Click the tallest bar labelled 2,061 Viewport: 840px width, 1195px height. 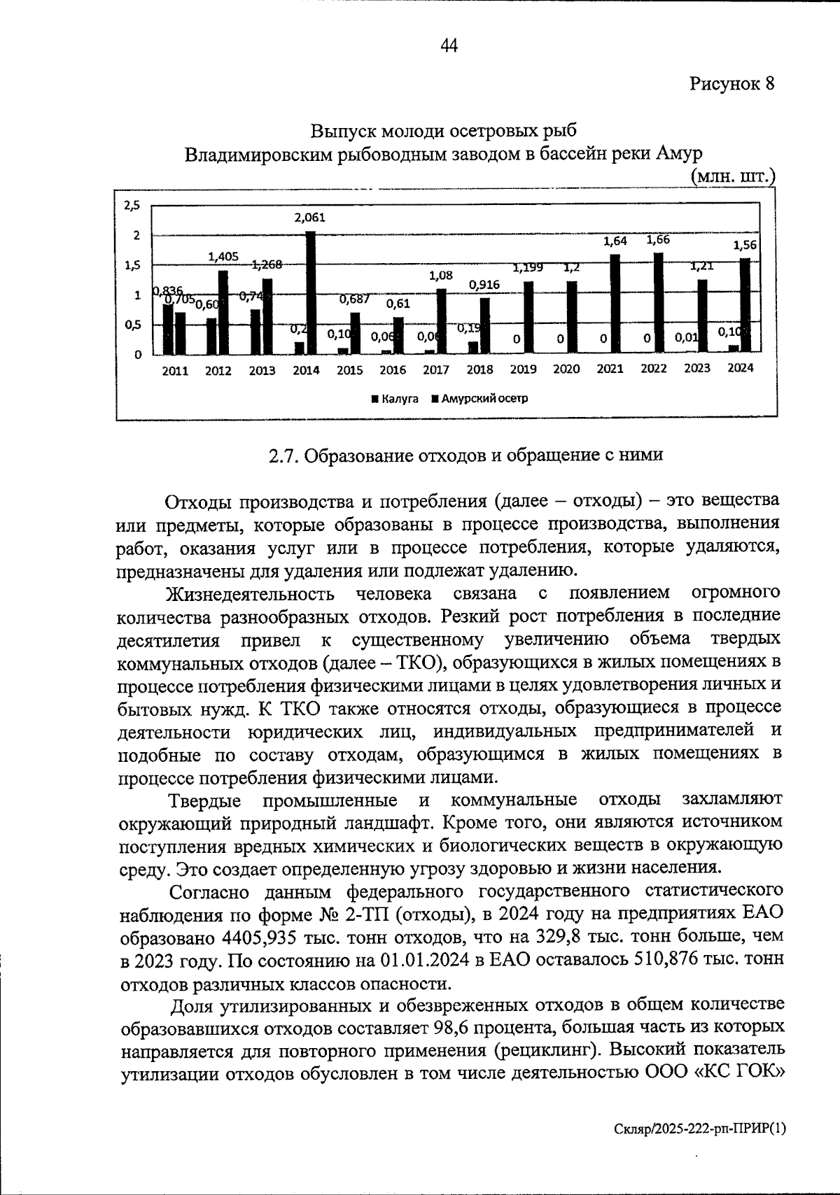pyautogui.click(x=311, y=292)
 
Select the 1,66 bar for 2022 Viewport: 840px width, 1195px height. pyautogui.click(x=659, y=303)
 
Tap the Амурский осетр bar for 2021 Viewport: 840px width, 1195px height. pyautogui.click(x=615, y=304)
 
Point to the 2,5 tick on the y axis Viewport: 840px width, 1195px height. pyautogui.click(x=132, y=206)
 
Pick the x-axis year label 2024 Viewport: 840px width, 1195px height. pyautogui.click(x=740, y=368)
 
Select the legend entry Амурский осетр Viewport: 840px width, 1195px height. pyautogui.click(x=479, y=399)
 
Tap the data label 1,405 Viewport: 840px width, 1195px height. pyautogui.click(x=223, y=257)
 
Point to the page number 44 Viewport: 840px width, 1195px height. pyautogui.click(x=449, y=46)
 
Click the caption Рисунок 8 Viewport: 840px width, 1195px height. pyautogui.click(x=732, y=84)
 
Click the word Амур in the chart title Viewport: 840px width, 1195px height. pyautogui.click(x=679, y=153)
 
